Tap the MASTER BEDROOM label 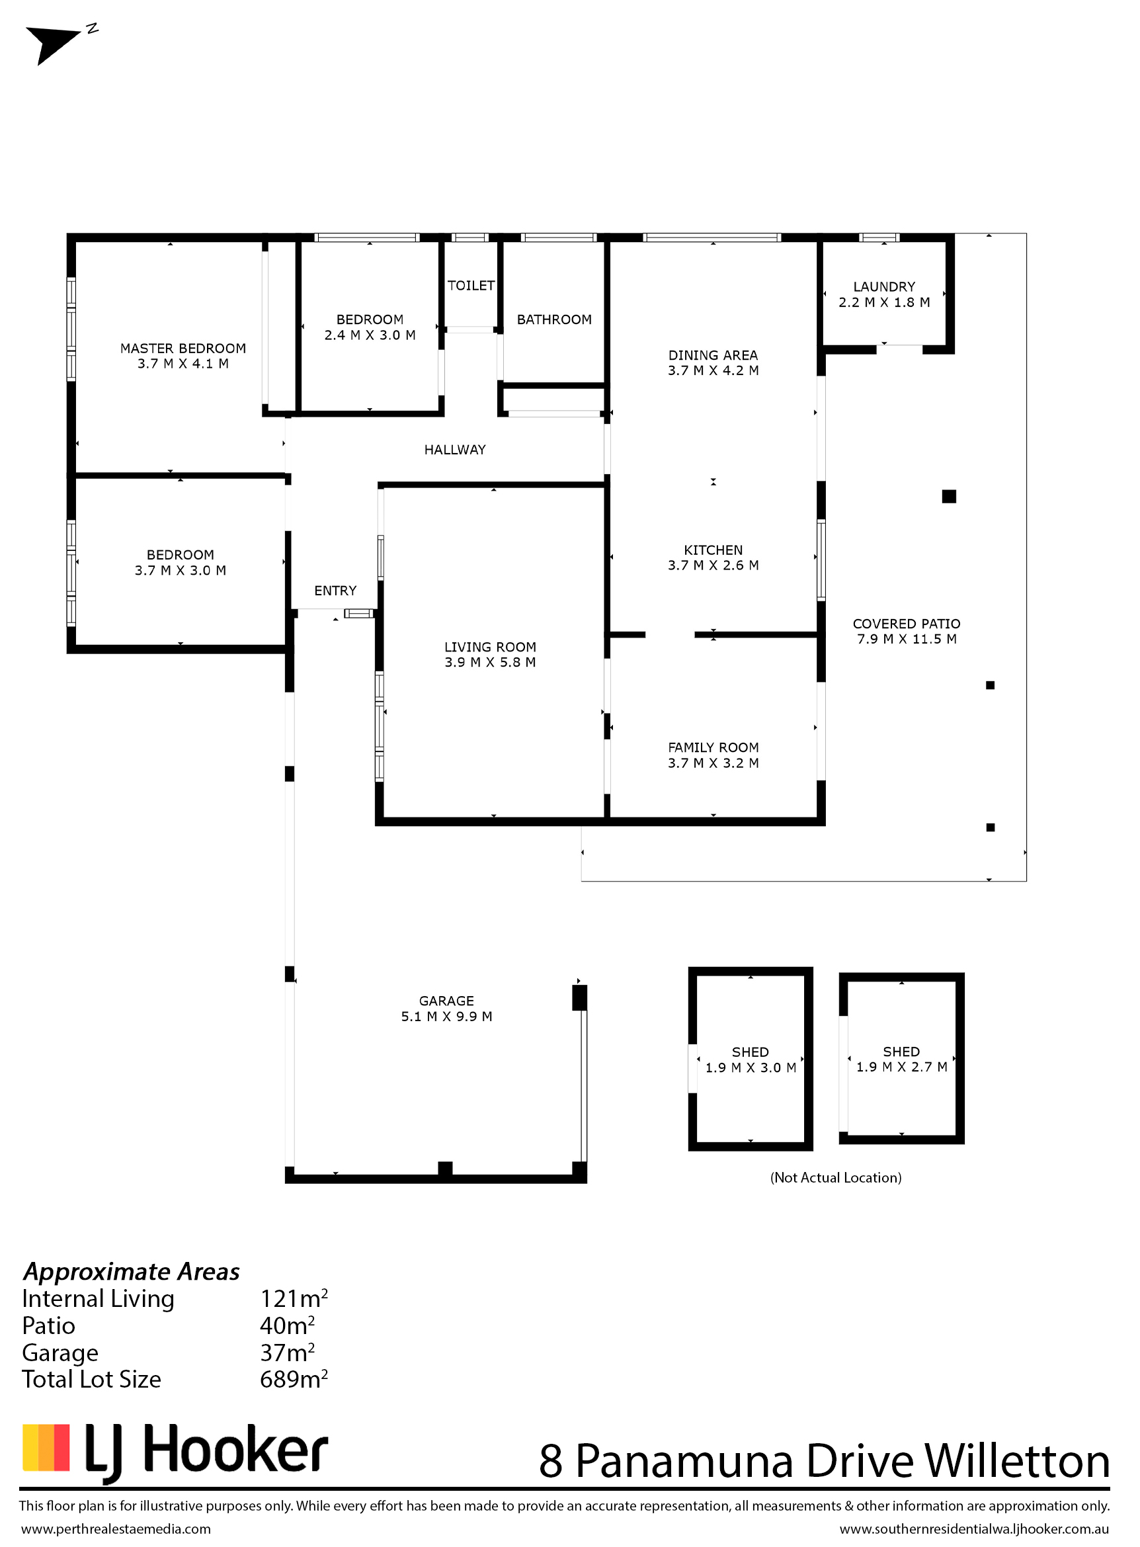pos(183,349)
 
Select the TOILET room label pos(471,286)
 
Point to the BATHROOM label pos(554,319)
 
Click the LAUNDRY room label pos(884,286)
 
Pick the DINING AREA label pos(713,356)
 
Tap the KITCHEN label pos(713,550)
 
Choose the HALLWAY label pos(455,450)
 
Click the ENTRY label pos(335,591)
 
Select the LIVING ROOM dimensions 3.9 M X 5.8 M pos(490,663)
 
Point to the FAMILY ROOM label pos(713,747)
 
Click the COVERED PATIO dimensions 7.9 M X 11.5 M pos(907,639)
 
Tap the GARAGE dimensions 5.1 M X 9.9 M pos(446,1017)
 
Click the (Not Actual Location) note pos(836,1178)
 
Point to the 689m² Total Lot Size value pos(294,1379)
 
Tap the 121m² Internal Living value pos(294,1298)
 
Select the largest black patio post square pos(949,496)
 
